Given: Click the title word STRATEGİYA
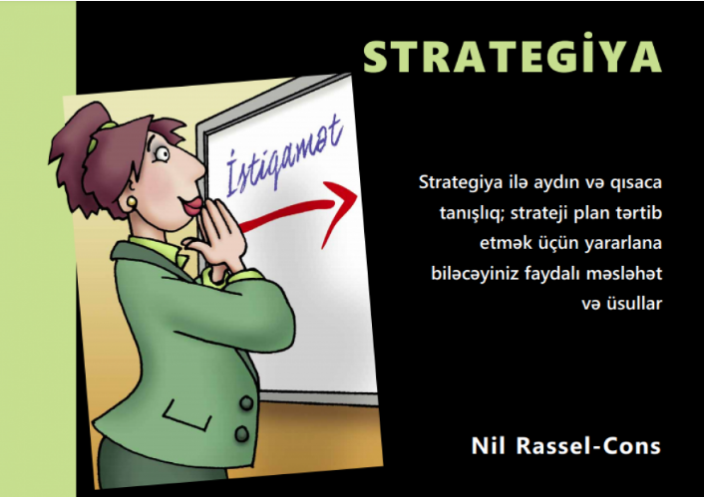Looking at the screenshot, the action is (513, 55).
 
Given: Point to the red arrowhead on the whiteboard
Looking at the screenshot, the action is (340, 212).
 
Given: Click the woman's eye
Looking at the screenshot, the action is (162, 154).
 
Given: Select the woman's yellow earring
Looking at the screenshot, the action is (132, 201).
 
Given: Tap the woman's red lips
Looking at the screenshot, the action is (192, 207).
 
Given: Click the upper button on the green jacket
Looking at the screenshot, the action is (246, 402).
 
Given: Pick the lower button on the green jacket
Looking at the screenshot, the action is (241, 433).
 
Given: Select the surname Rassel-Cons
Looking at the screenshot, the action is (588, 445).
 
